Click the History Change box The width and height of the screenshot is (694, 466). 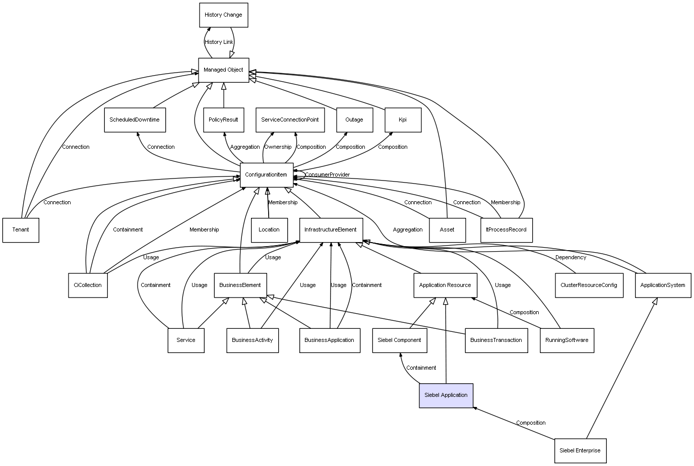pos(223,15)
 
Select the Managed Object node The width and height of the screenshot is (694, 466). pos(223,70)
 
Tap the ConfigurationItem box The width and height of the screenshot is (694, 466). pos(266,175)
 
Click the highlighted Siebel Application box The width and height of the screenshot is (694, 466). pos(446,395)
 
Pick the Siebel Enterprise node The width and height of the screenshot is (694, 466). pos(580,450)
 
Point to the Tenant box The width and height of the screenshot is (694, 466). pos(21,230)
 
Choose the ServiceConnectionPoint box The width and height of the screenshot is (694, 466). pos(290,120)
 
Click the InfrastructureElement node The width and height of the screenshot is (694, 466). pos(331,230)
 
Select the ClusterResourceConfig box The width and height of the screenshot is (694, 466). pos(589,285)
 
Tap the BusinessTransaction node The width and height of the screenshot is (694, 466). pos(496,340)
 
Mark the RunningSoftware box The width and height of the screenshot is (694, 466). pos(567,340)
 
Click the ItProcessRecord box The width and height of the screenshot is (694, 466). pos(506,230)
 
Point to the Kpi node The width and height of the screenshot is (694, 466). pos(403,120)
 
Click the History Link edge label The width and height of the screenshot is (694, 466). pos(219,42)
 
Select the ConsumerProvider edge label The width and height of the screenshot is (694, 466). pos(327,175)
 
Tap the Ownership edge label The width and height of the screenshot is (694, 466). pos(278,147)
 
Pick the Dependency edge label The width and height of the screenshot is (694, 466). pos(571,258)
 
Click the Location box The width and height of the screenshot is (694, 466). pos(269,230)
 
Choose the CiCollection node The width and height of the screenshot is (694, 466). pos(88,285)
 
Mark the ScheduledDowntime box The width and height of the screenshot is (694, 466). pos(135,120)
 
